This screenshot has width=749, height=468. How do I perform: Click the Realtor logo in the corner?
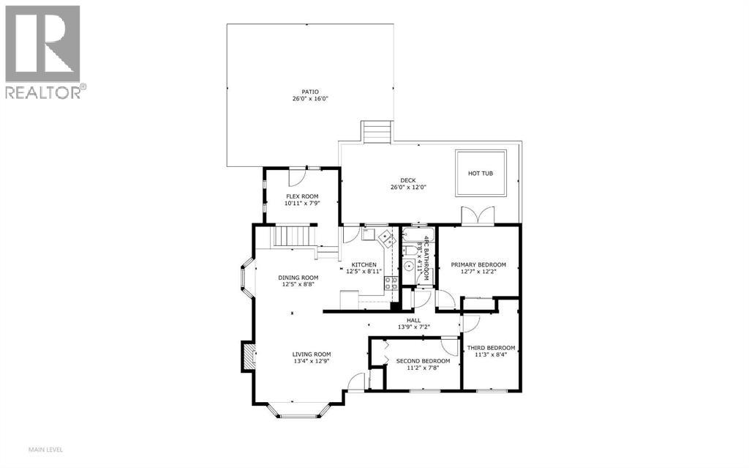click(x=44, y=51)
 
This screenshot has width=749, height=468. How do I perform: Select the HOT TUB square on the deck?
click(x=481, y=174)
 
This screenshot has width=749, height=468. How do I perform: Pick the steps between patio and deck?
click(x=377, y=133)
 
